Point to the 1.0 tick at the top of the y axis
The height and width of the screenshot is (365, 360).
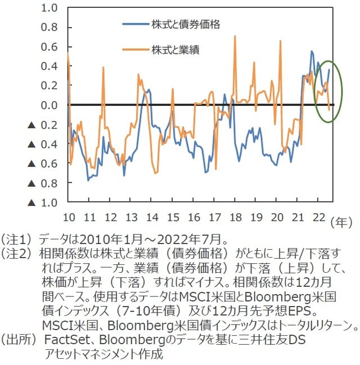(x=50, y=8)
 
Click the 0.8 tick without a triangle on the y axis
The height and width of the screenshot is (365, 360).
(x=50, y=28)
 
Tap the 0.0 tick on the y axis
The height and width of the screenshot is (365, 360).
(x=50, y=105)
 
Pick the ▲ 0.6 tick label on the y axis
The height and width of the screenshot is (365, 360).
(x=43, y=163)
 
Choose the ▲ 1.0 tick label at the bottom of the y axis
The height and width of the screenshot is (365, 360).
(x=43, y=202)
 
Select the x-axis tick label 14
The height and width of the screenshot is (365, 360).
(x=152, y=218)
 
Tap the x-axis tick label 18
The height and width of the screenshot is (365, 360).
(x=236, y=218)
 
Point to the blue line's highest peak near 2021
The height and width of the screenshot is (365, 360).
(x=312, y=51)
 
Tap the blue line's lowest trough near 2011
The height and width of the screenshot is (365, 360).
(x=88, y=180)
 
